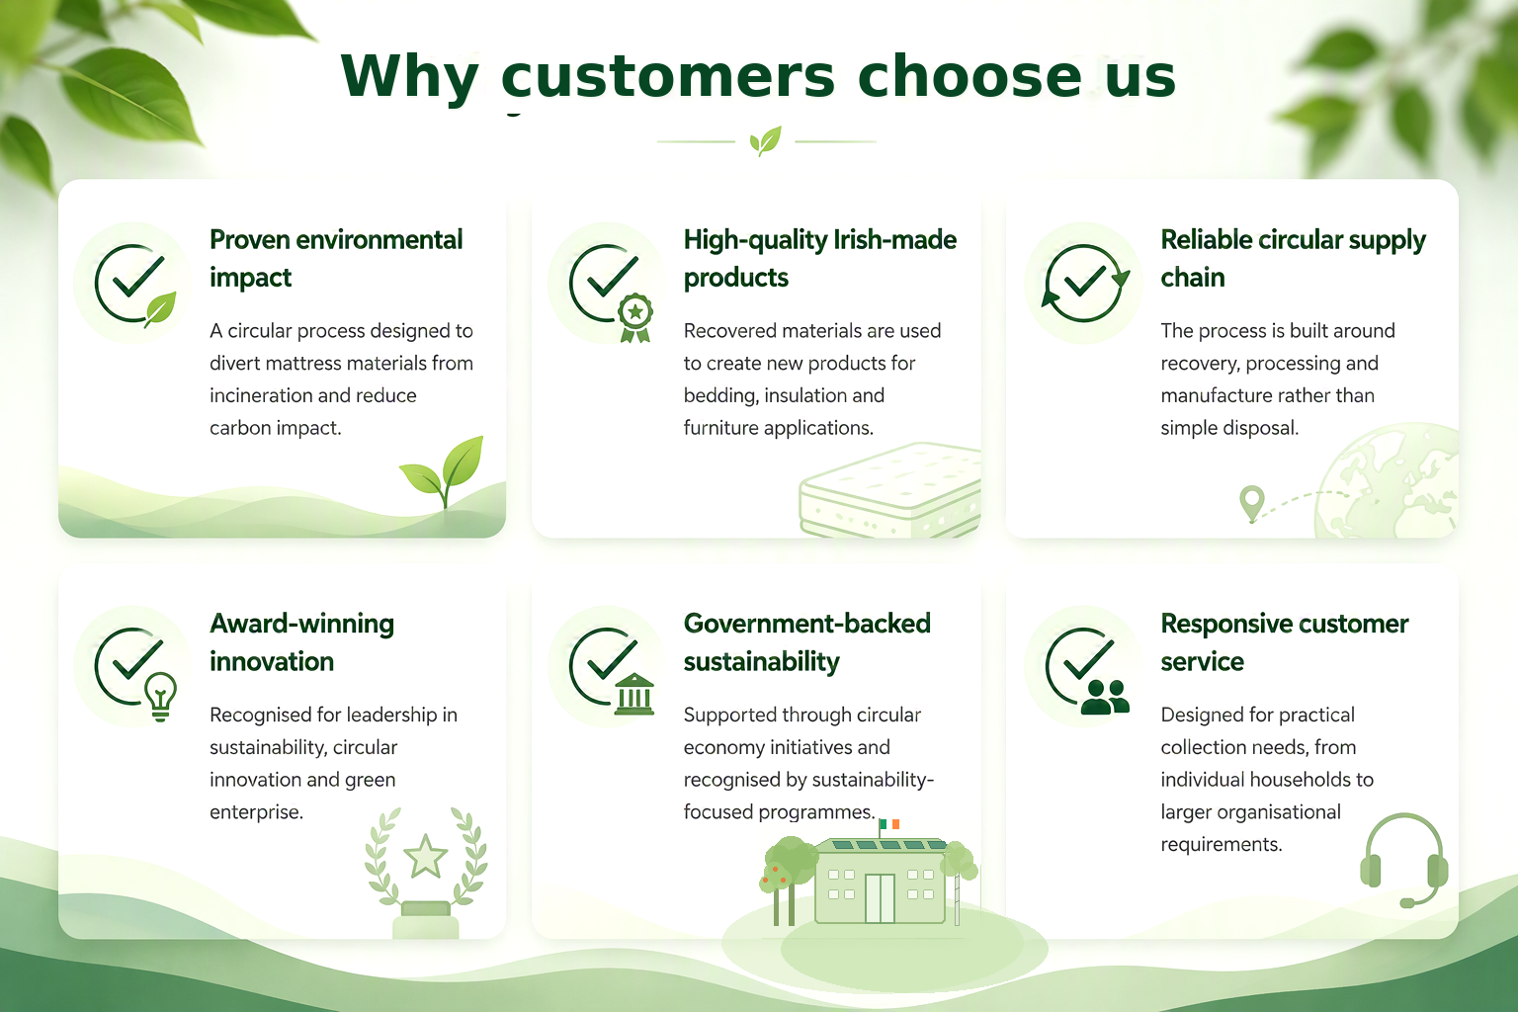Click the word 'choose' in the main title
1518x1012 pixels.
(970, 77)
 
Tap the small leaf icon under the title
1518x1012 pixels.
(766, 141)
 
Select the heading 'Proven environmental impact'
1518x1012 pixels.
(336, 258)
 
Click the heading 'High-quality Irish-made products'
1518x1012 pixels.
(820, 258)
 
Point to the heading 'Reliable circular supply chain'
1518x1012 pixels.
(1293, 258)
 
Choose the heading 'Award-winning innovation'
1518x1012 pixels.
(301, 642)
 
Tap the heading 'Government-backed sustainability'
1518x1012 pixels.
(807, 642)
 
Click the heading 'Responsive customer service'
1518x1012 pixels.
(1284, 642)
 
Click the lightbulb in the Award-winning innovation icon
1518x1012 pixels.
(161, 696)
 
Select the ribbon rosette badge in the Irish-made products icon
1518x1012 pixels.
(635, 317)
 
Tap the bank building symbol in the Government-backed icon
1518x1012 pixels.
(634, 695)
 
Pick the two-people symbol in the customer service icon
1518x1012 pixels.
(1105, 697)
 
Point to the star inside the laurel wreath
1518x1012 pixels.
(426, 857)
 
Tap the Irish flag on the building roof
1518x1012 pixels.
(889, 824)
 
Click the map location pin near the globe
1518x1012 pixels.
(1252, 503)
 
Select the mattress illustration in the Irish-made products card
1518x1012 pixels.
(889, 490)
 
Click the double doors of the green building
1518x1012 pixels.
(880, 898)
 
